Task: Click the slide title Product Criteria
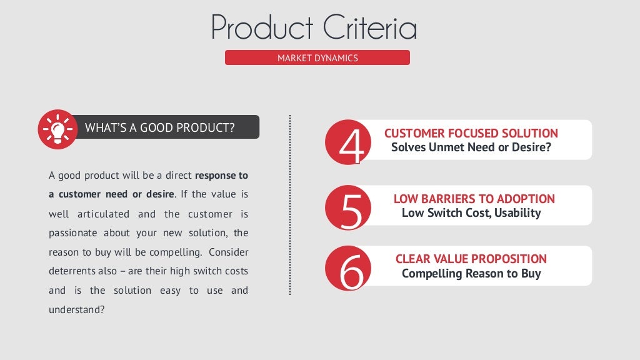coord(314,27)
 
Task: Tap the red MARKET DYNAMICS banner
coord(317,58)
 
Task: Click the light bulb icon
coord(57,129)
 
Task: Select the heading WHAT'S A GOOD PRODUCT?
coord(159,128)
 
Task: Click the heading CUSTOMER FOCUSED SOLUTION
coord(471,133)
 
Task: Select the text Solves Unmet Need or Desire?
coord(471,147)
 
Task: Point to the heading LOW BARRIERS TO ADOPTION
coord(474,199)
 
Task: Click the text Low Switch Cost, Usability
coord(471,213)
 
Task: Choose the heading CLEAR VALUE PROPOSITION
coord(471,259)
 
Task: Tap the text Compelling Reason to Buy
coord(471,273)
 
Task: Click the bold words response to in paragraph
coord(221,175)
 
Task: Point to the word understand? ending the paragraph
coord(76,309)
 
